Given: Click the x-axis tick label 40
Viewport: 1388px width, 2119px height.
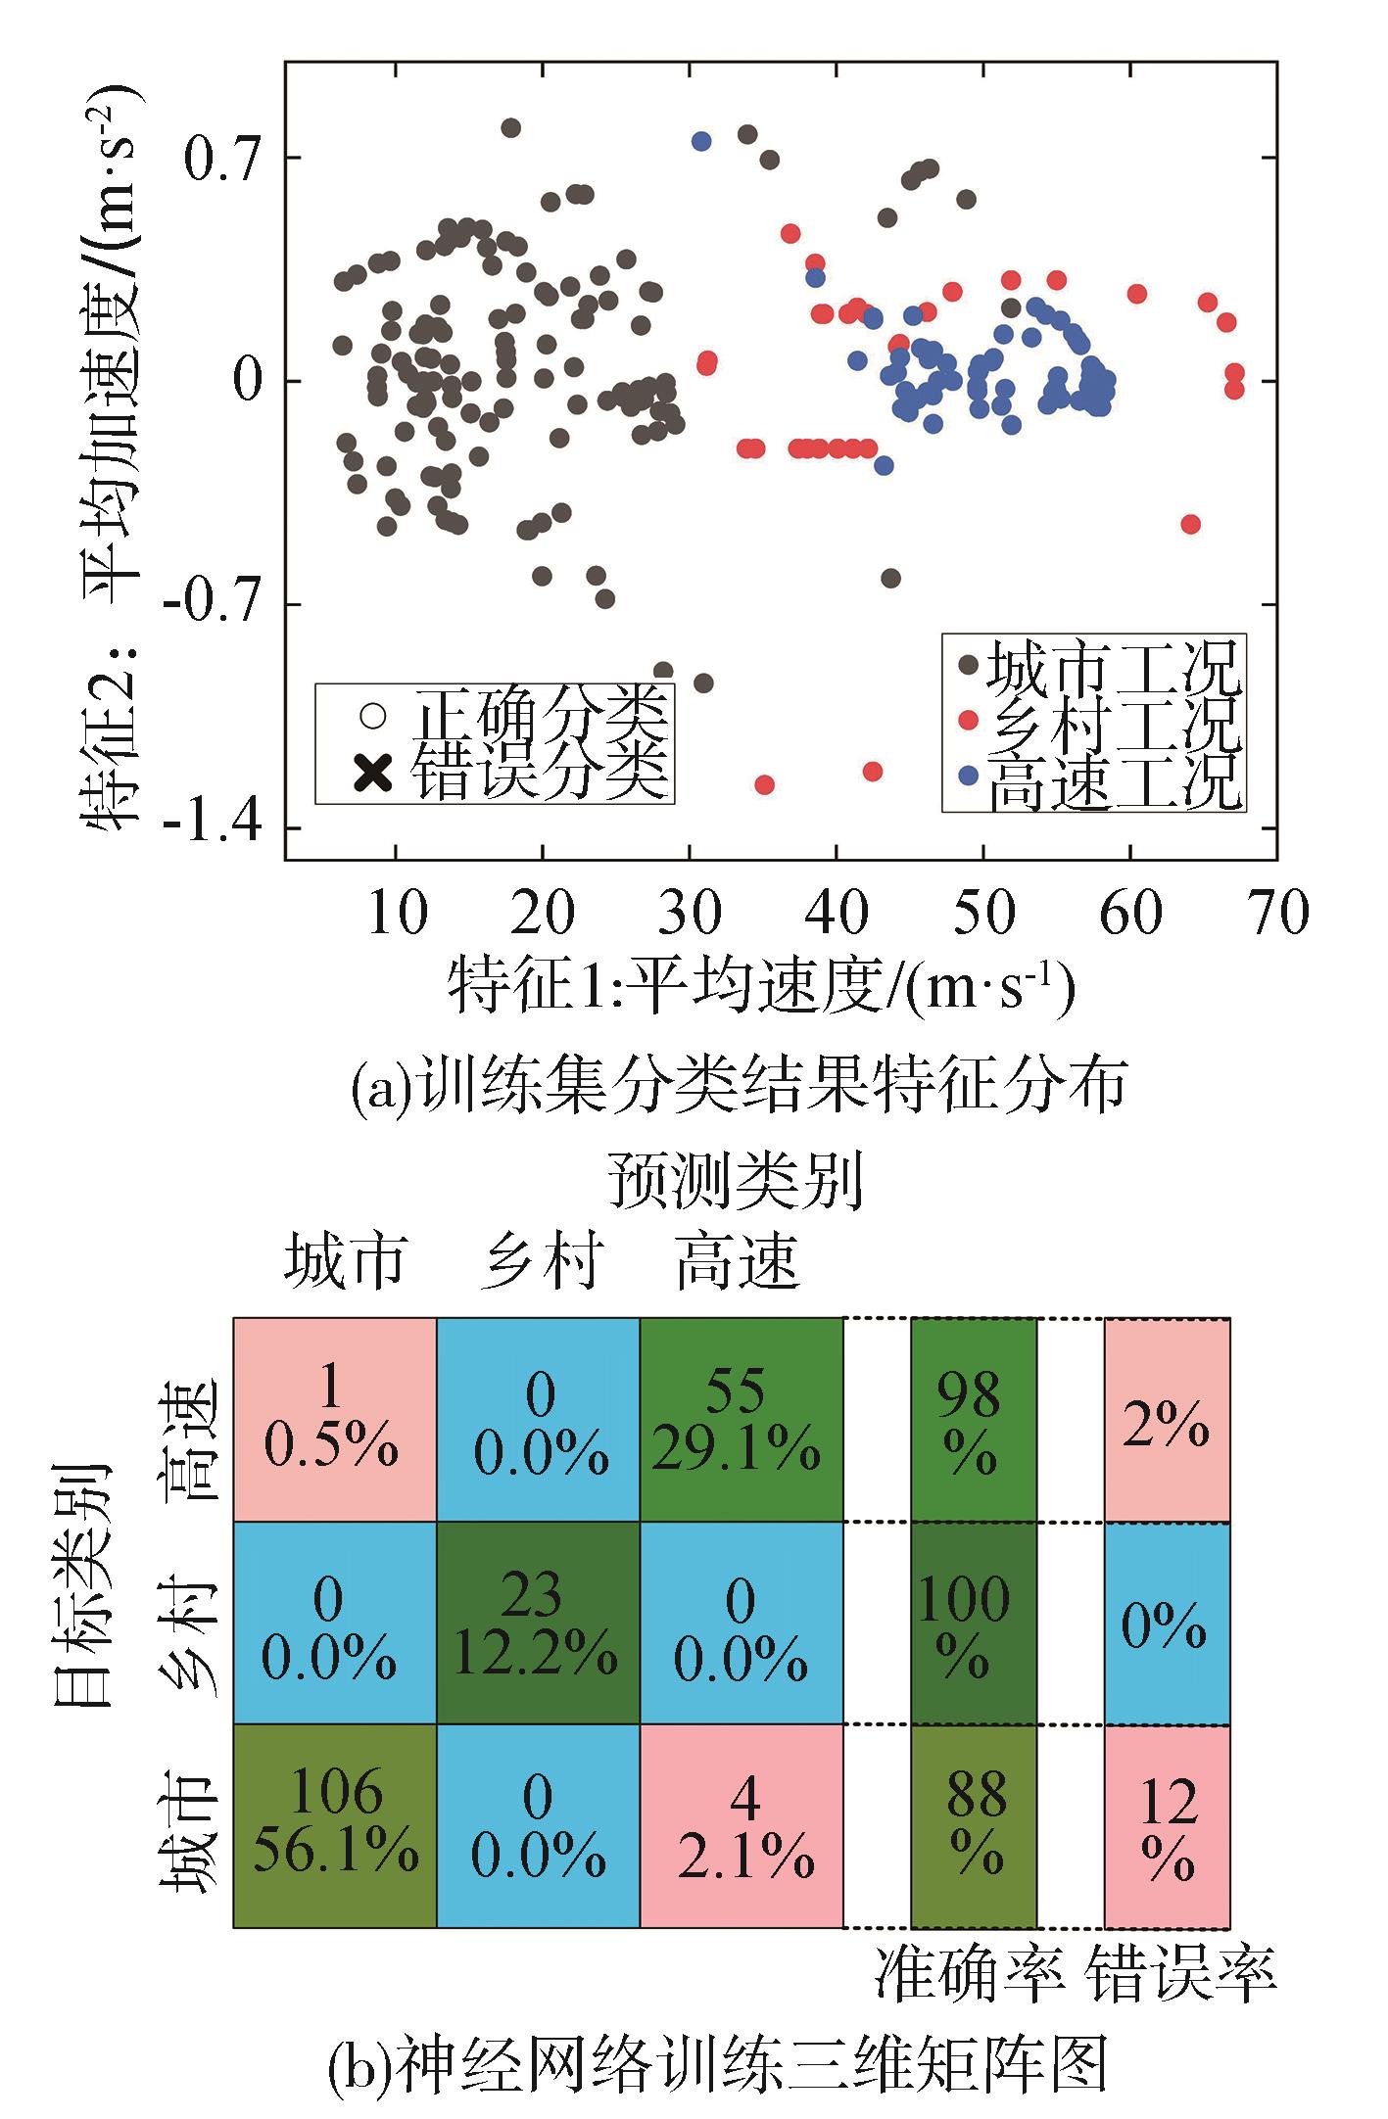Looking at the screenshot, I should [838, 913].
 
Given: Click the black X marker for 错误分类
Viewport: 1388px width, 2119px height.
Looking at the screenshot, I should [372, 775].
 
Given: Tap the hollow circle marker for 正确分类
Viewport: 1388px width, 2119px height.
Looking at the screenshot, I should [372, 716].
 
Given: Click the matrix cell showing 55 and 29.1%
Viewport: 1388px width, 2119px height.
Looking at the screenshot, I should [741, 1420].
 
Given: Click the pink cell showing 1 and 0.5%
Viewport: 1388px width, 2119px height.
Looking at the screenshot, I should [335, 1420].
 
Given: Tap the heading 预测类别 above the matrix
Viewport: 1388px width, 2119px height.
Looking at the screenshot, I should [735, 1181].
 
